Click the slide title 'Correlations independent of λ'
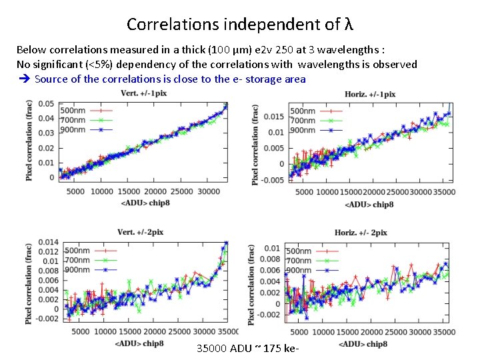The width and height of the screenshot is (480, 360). [x=239, y=25]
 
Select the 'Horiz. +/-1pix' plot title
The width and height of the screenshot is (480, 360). [x=370, y=94]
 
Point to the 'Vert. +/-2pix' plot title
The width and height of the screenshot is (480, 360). [x=140, y=232]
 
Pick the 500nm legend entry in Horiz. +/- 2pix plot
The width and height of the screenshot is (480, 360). [x=299, y=251]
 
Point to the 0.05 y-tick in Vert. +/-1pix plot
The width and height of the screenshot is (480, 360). [x=46, y=103]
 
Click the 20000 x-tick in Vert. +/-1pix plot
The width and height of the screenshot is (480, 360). [x=155, y=192]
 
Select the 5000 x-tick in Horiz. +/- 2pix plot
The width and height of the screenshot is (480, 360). [x=299, y=331]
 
